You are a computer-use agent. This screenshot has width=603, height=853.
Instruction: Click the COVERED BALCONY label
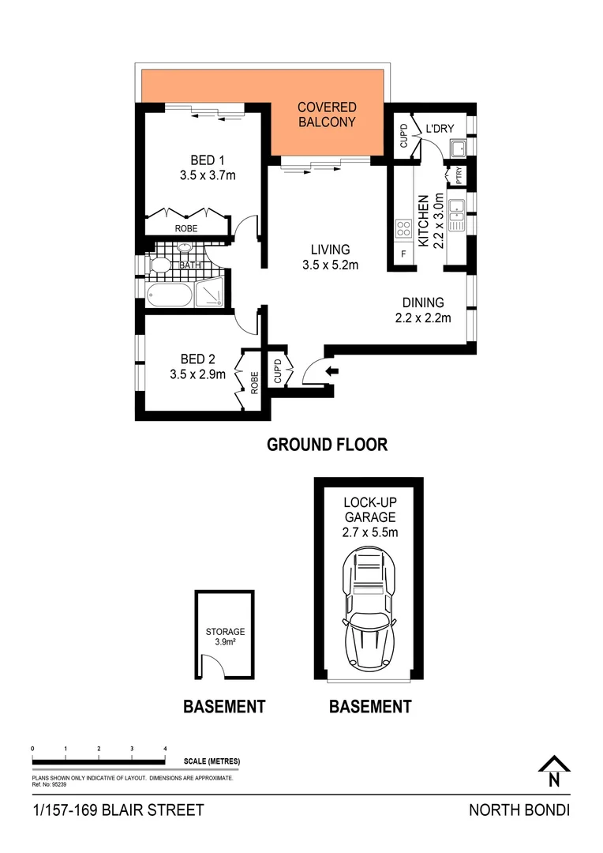coord(327,115)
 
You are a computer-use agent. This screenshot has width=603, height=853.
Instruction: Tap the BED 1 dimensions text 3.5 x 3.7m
coord(208,175)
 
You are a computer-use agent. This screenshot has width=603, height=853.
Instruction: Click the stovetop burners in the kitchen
coord(403,228)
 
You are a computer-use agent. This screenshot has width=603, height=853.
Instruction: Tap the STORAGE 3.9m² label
coord(226,637)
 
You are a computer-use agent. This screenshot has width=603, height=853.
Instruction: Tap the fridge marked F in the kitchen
coord(404,255)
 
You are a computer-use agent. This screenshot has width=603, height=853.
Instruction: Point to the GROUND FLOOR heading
coord(328,444)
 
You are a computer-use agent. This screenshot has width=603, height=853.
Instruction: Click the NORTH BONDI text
coord(519,810)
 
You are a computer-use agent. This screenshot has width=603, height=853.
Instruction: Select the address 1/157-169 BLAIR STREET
coord(118,810)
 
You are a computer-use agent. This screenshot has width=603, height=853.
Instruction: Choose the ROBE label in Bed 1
coord(186,227)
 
